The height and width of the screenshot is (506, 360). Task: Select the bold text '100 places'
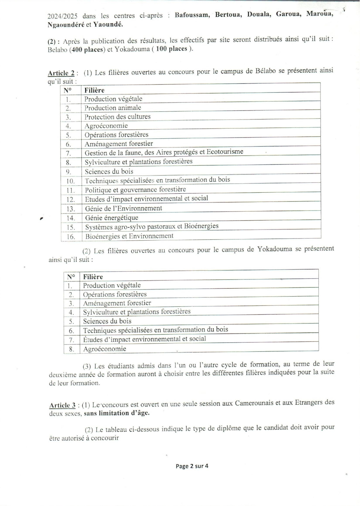[171, 49]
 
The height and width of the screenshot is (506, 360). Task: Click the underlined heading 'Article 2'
[61, 73]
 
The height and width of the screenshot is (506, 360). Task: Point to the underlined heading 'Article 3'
[62, 405]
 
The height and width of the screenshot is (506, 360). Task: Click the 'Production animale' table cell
[113, 108]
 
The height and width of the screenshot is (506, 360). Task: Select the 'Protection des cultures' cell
[117, 117]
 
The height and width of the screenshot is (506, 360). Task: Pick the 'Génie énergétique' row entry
[111, 218]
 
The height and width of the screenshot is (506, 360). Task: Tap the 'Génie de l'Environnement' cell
[123, 208]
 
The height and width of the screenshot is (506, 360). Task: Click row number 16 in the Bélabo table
[71, 237]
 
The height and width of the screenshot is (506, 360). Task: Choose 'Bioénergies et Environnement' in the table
[129, 236]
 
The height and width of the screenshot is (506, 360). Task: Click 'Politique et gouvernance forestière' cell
[135, 190]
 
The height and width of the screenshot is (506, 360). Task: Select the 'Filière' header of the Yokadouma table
[93, 277]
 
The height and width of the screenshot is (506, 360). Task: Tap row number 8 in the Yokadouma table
[72, 349]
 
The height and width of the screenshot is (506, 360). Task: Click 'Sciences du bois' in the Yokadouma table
[107, 321]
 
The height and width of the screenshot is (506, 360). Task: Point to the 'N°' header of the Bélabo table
[68, 90]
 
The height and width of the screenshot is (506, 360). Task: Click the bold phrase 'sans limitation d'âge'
[117, 413]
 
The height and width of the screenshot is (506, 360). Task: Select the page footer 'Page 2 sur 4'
[192, 466]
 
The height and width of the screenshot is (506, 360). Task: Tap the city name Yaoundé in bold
[108, 25]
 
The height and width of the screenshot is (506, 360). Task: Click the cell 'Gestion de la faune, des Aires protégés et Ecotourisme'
[164, 152]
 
